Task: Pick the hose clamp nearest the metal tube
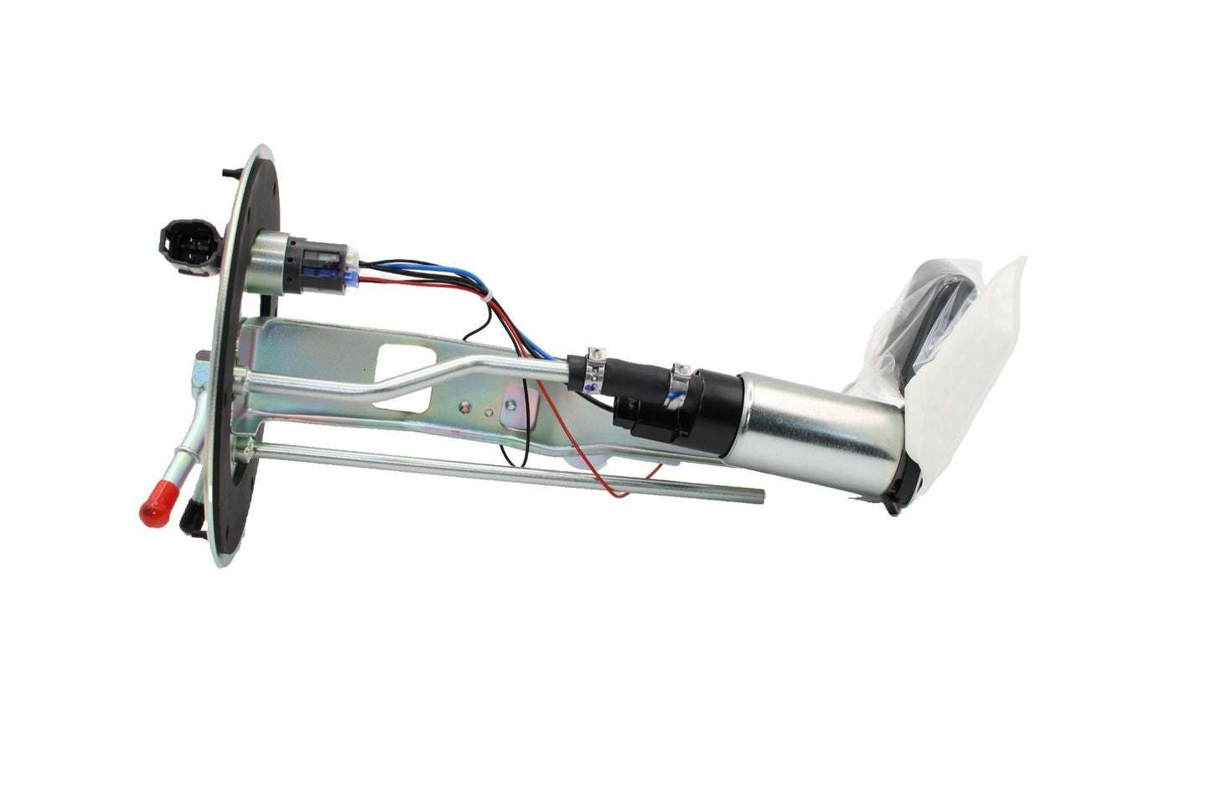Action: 594,366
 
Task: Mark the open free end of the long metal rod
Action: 761,495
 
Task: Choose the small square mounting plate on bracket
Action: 512,412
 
